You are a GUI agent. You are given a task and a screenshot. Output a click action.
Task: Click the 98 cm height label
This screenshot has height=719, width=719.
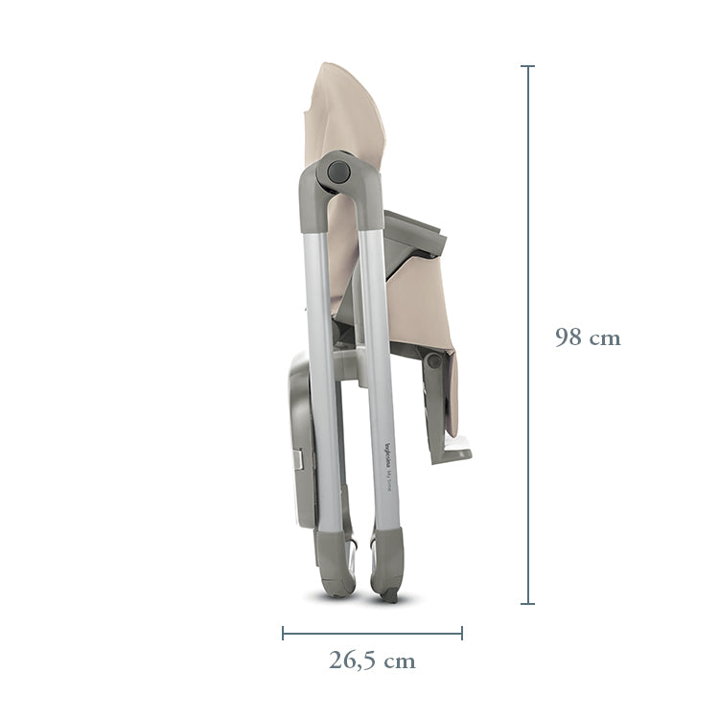587,337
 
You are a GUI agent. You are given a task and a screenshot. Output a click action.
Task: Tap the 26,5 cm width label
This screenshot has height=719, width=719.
372,661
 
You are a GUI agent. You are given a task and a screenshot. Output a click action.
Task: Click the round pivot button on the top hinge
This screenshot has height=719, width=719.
337,173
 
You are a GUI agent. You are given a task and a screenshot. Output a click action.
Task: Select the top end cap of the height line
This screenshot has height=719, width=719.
527,66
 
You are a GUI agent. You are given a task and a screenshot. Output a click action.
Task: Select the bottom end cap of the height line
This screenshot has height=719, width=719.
527,604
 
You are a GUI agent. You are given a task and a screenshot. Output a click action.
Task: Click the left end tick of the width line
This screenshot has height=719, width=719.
283,633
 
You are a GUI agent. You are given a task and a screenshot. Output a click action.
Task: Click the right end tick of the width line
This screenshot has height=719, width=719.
462,633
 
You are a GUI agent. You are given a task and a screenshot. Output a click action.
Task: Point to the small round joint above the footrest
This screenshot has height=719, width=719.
434,361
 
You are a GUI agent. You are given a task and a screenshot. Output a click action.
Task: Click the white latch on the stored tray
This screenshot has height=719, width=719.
302,461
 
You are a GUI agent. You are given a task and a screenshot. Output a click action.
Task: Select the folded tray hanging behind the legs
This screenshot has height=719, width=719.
299,441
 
